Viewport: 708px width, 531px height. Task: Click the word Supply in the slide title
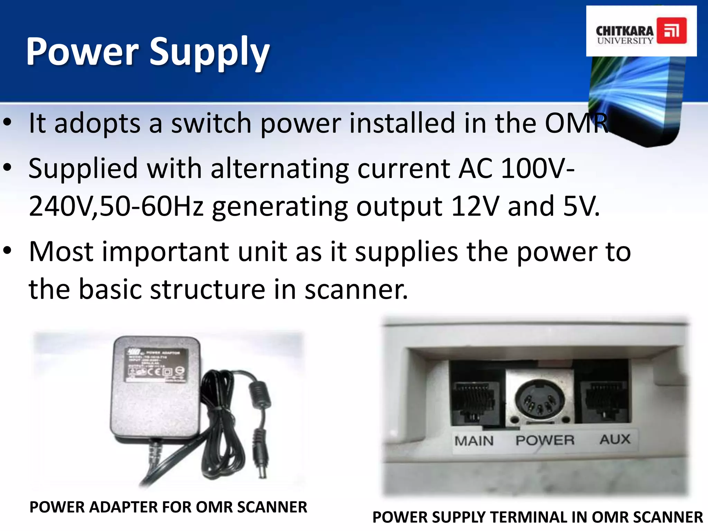click(209, 53)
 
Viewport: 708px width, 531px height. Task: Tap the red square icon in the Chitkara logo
click(671, 30)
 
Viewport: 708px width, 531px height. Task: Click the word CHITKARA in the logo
click(625, 31)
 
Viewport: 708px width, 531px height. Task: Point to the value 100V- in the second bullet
click(538, 168)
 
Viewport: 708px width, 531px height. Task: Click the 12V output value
click(475, 206)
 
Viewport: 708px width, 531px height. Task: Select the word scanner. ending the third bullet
click(356, 289)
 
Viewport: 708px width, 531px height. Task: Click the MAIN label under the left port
click(474, 441)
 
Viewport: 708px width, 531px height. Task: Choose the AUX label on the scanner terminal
click(615, 439)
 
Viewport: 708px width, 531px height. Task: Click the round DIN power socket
click(539, 401)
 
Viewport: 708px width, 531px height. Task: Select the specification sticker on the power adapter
click(156, 365)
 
